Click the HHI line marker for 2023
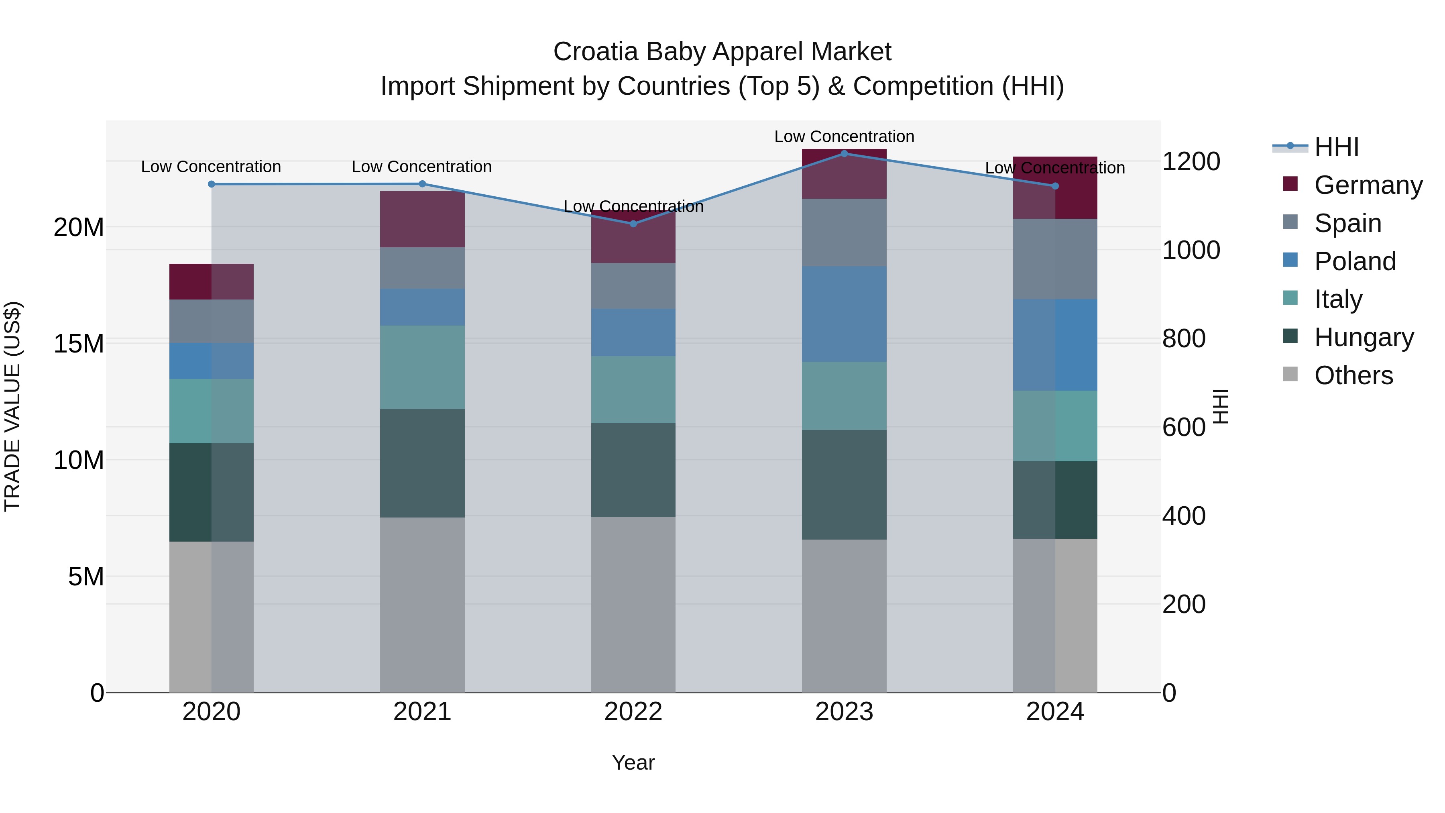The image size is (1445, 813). [x=844, y=154]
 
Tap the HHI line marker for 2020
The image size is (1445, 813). [x=212, y=184]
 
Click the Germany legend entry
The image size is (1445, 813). [x=1368, y=185]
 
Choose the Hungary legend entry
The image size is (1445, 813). [x=1363, y=337]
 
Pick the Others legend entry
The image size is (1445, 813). [x=1353, y=375]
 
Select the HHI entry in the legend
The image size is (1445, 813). [x=1336, y=147]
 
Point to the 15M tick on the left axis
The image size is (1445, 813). [x=79, y=343]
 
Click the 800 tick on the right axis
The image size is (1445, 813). [x=1184, y=338]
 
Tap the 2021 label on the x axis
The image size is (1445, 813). [x=422, y=712]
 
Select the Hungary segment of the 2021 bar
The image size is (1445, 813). [x=422, y=463]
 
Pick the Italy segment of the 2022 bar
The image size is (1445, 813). [x=633, y=389]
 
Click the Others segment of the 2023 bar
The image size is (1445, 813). [x=844, y=615]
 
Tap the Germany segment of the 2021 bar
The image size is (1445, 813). [x=422, y=219]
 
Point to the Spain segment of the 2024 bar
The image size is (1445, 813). [x=1054, y=259]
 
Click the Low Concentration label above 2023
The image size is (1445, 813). [x=844, y=137]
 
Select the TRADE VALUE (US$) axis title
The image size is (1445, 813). [x=12, y=406]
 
